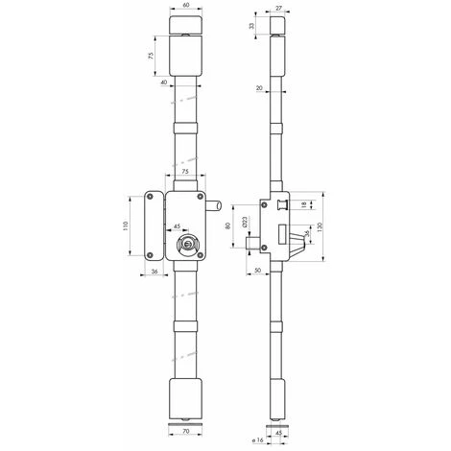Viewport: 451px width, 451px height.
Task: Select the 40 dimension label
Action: pyautogui.click(x=166, y=83)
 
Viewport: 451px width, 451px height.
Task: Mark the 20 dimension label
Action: pyautogui.click(x=260, y=87)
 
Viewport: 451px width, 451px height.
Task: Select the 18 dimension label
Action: pyautogui.click(x=304, y=205)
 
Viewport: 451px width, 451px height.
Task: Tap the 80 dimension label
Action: pyautogui.click(x=228, y=228)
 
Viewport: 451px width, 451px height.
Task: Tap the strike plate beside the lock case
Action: pyautogui.click(x=149, y=225)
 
